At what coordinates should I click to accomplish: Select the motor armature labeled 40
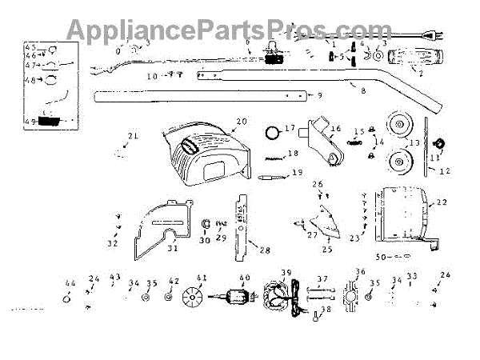[x=238, y=300]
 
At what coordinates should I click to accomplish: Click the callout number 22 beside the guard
[x=442, y=203]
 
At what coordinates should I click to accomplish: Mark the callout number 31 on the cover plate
[x=172, y=247]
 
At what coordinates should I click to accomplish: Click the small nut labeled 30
[x=203, y=223]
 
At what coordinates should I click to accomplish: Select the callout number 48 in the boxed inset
[x=30, y=80]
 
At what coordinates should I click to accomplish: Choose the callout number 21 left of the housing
[x=133, y=136]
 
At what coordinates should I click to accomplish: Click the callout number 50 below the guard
[x=380, y=256]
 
